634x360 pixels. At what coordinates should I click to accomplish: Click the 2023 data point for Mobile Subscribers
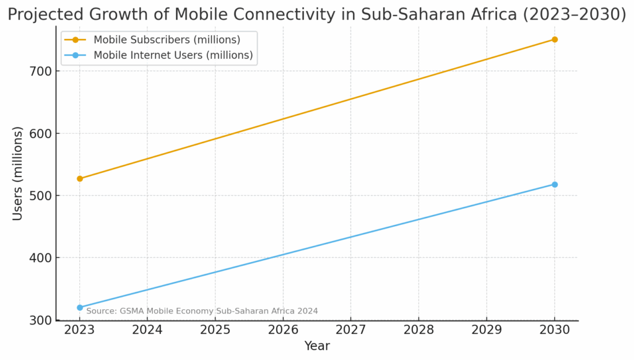[x=80, y=178]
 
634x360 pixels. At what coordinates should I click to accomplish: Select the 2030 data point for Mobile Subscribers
[x=555, y=40]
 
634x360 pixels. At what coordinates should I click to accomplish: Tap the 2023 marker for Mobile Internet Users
[x=80, y=307]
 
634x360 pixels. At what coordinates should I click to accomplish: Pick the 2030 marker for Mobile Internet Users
[x=555, y=185]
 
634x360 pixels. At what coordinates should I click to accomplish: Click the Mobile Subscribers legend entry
[x=167, y=40]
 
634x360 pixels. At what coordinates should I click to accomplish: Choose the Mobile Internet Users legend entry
[x=173, y=55]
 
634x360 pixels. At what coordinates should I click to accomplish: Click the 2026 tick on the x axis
[x=283, y=329]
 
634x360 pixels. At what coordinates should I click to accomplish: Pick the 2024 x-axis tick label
[x=147, y=329]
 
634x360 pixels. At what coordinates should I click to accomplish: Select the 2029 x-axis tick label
[x=487, y=329]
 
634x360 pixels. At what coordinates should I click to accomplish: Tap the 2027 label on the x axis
[x=351, y=329]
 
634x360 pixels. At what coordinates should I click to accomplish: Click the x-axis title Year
[x=317, y=346]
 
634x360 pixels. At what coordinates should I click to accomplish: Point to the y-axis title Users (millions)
[x=18, y=173]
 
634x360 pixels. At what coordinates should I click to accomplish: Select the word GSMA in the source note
[x=129, y=311]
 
